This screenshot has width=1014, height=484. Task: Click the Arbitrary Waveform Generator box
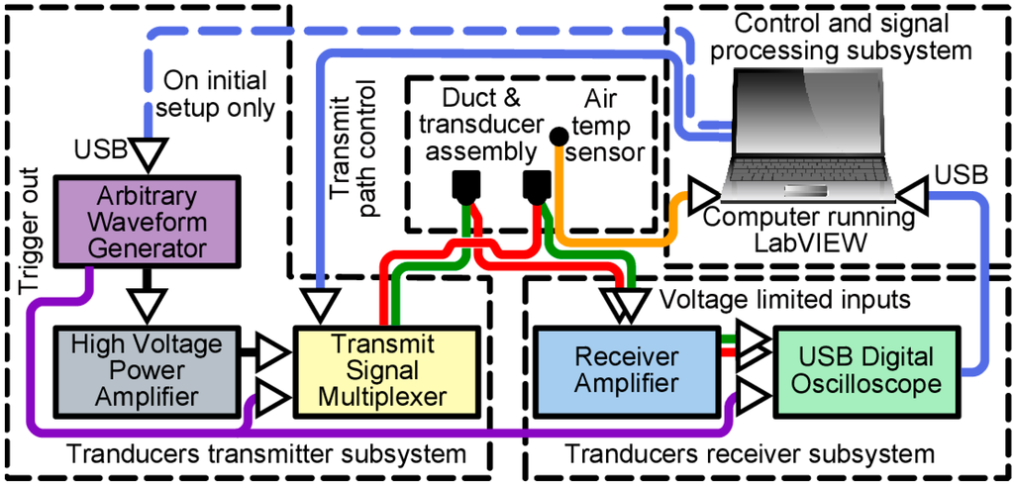click(148, 221)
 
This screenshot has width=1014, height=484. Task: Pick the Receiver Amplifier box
click(627, 369)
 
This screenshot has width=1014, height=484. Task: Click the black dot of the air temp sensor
click(558, 134)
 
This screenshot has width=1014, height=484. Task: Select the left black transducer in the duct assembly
click(464, 185)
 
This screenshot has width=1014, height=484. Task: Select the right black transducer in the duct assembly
click(537, 185)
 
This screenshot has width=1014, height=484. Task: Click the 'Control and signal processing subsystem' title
click(843, 34)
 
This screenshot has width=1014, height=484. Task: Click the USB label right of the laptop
click(960, 174)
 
